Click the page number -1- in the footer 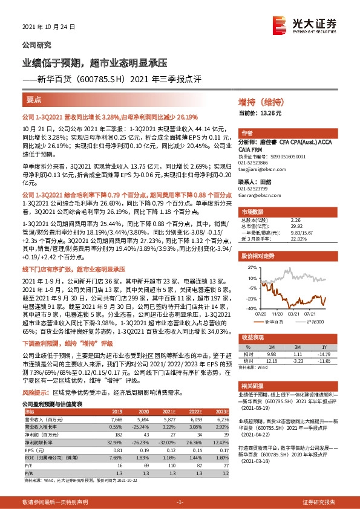pyautogui.click(x=180, y=501)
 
